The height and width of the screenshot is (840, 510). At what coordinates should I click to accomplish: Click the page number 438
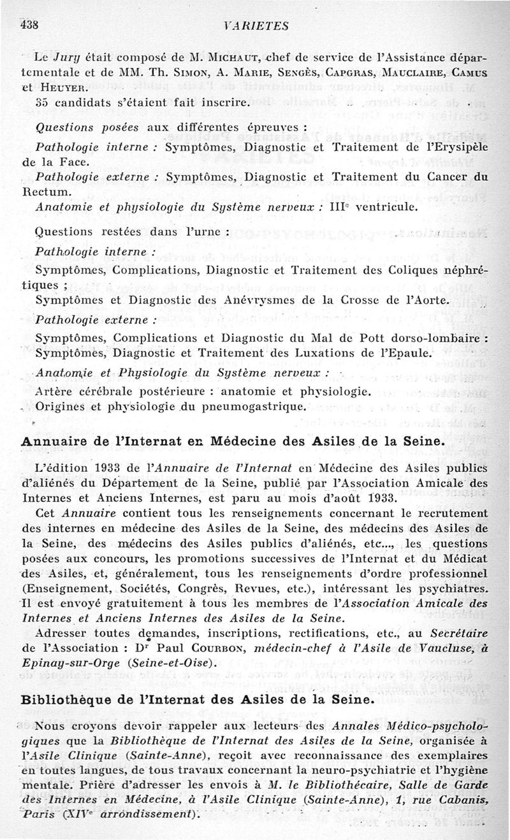[x=30, y=25]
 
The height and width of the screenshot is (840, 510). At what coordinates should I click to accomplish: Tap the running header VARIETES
[x=259, y=26]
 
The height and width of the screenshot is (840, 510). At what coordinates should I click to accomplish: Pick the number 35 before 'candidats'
[x=43, y=103]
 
